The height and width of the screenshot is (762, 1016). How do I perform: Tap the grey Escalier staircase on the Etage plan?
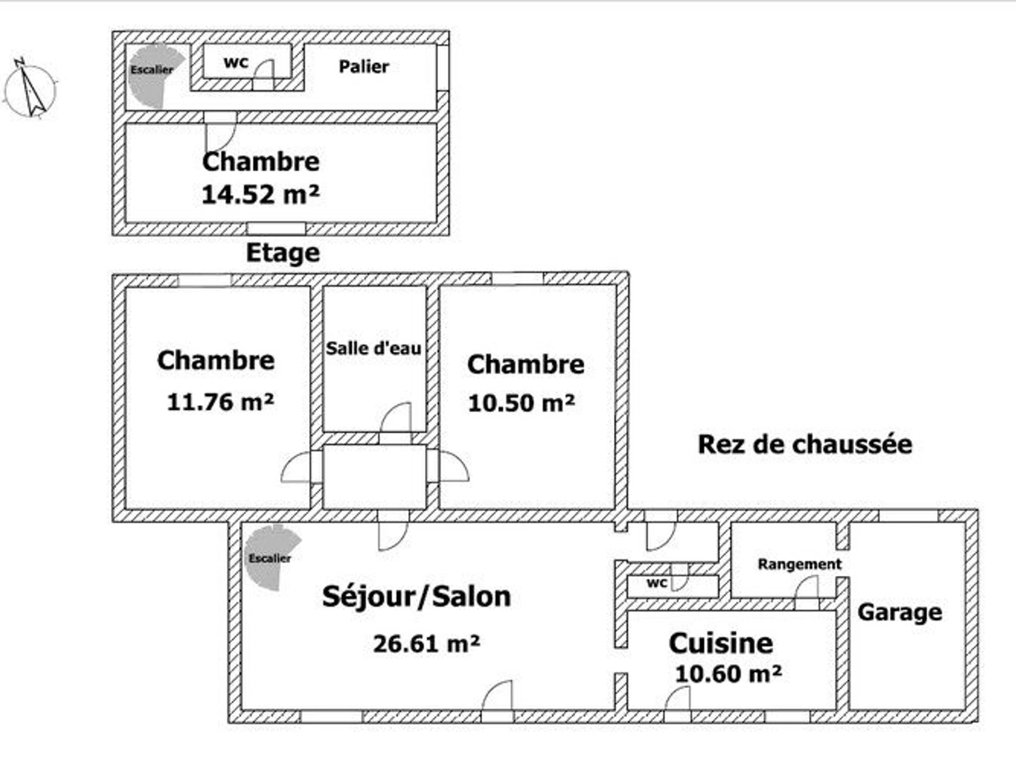[154, 76]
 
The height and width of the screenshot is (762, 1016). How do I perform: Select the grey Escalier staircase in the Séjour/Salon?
[271, 557]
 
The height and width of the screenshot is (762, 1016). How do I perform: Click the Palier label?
[364, 67]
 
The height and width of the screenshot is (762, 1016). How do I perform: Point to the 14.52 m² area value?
[260, 194]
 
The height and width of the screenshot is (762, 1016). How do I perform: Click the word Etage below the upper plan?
[283, 253]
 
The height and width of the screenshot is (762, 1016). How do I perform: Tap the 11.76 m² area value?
[221, 402]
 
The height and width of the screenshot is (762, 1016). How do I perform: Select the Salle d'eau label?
[373, 348]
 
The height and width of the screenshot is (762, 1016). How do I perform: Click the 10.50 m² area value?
[521, 403]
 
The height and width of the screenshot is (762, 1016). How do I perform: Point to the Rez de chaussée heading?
[805, 444]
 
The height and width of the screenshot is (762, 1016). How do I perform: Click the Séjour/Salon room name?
[417, 596]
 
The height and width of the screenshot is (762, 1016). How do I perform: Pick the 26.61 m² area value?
[427, 643]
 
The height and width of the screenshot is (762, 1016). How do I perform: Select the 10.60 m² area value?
[729, 674]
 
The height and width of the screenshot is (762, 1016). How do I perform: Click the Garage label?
[900, 612]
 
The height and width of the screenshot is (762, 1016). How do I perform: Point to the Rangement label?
[800, 564]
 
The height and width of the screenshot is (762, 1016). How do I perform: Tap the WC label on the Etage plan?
[236, 63]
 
